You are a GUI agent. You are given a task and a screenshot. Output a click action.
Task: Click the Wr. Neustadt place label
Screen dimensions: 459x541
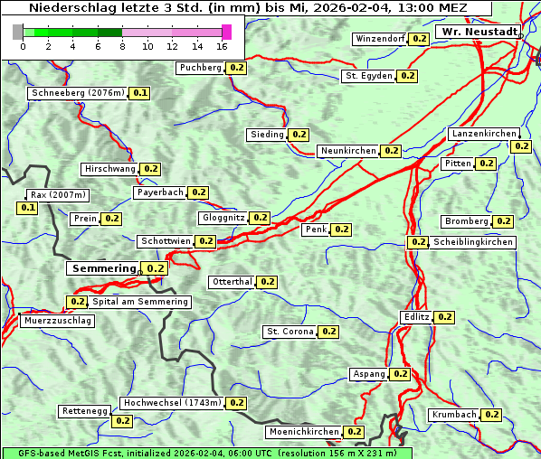[x=479, y=32]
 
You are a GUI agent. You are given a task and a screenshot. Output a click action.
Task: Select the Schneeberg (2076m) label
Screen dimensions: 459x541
[x=77, y=93]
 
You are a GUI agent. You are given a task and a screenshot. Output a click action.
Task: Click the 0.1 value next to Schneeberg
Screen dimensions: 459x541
[x=140, y=93]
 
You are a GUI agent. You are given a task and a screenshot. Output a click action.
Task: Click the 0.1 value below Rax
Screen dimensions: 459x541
[x=28, y=208]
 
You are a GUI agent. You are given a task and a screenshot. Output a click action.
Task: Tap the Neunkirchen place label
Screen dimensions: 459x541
[x=348, y=151]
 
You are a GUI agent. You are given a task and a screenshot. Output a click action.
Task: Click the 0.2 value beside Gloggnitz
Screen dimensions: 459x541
[x=260, y=218]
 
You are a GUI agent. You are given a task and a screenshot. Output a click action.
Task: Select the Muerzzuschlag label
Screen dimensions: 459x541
[x=57, y=321]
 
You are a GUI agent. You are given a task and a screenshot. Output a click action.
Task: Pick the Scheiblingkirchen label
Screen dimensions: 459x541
[x=472, y=242]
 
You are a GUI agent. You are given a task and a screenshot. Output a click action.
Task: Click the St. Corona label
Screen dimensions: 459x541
[x=289, y=332]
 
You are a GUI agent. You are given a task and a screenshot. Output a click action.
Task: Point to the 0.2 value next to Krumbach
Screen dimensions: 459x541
[x=491, y=415]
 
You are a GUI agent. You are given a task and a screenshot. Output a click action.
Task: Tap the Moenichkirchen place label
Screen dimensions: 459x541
[x=304, y=432]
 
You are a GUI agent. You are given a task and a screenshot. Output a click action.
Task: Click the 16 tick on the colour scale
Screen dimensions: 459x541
[x=223, y=46]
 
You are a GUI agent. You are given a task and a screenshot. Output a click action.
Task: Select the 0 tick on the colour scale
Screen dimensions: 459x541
[x=22, y=46]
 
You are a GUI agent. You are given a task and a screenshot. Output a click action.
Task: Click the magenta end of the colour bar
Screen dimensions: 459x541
[x=226, y=32]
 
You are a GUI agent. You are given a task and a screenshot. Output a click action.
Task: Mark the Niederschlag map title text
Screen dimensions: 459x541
[x=247, y=8]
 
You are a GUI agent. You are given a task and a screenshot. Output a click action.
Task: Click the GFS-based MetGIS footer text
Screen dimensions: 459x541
[x=206, y=453]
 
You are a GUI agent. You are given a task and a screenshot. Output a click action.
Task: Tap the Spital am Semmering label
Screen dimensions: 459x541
[x=140, y=302]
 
